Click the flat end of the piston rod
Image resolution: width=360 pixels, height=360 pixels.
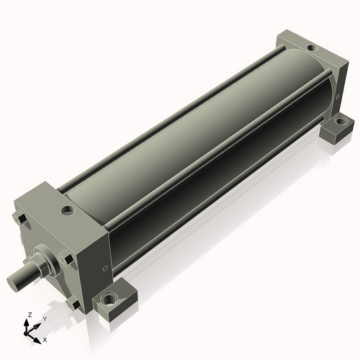[12, 282]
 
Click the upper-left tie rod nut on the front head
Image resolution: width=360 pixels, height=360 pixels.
[19, 219]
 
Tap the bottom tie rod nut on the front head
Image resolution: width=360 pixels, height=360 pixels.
[74, 304]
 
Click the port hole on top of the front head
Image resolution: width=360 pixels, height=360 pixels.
[68, 211]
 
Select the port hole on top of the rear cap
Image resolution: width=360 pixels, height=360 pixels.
[312, 48]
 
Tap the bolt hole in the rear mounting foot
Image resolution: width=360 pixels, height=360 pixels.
[340, 120]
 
